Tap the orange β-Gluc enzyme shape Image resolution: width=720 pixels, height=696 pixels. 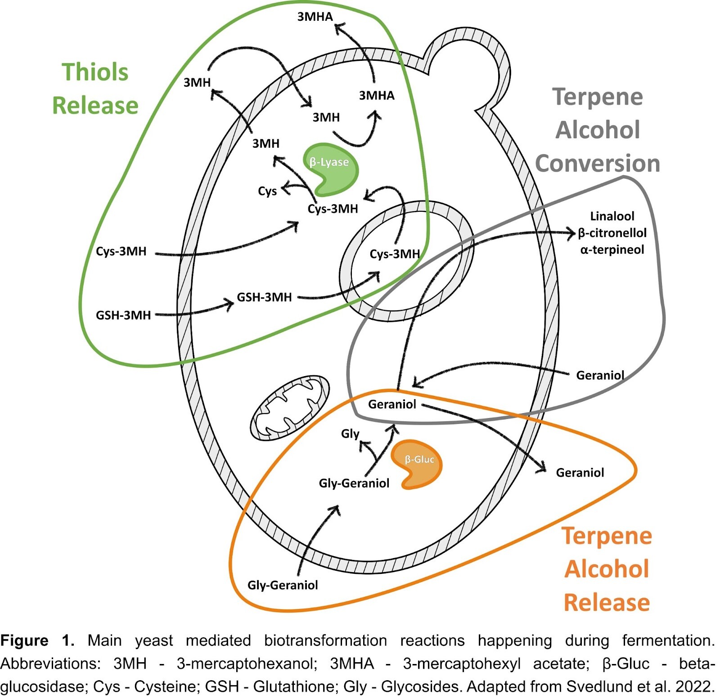[x=418, y=464]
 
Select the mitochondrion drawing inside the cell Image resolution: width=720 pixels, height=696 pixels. [x=289, y=407]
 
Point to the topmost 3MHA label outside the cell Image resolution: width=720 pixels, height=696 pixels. [x=315, y=17]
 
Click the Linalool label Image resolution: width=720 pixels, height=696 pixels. [x=612, y=216]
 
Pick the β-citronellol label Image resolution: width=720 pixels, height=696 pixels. [x=612, y=233]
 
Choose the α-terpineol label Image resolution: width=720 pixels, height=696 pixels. [x=612, y=250]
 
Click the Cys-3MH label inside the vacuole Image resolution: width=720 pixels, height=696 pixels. [x=395, y=254]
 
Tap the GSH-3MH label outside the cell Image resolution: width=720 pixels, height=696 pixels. [x=123, y=315]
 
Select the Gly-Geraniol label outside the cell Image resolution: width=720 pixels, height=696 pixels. [x=283, y=585]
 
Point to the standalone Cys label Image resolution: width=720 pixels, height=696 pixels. [x=267, y=191]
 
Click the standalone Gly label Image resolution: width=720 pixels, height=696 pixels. [x=350, y=434]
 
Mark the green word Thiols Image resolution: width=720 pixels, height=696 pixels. [x=95, y=72]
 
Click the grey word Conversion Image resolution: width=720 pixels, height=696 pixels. [x=598, y=163]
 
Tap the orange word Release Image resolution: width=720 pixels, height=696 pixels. [x=607, y=602]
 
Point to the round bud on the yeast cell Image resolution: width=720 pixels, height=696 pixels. [x=468, y=68]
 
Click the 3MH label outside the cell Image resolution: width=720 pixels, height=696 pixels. [x=197, y=82]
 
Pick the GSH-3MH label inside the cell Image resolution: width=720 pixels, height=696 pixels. [x=264, y=297]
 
